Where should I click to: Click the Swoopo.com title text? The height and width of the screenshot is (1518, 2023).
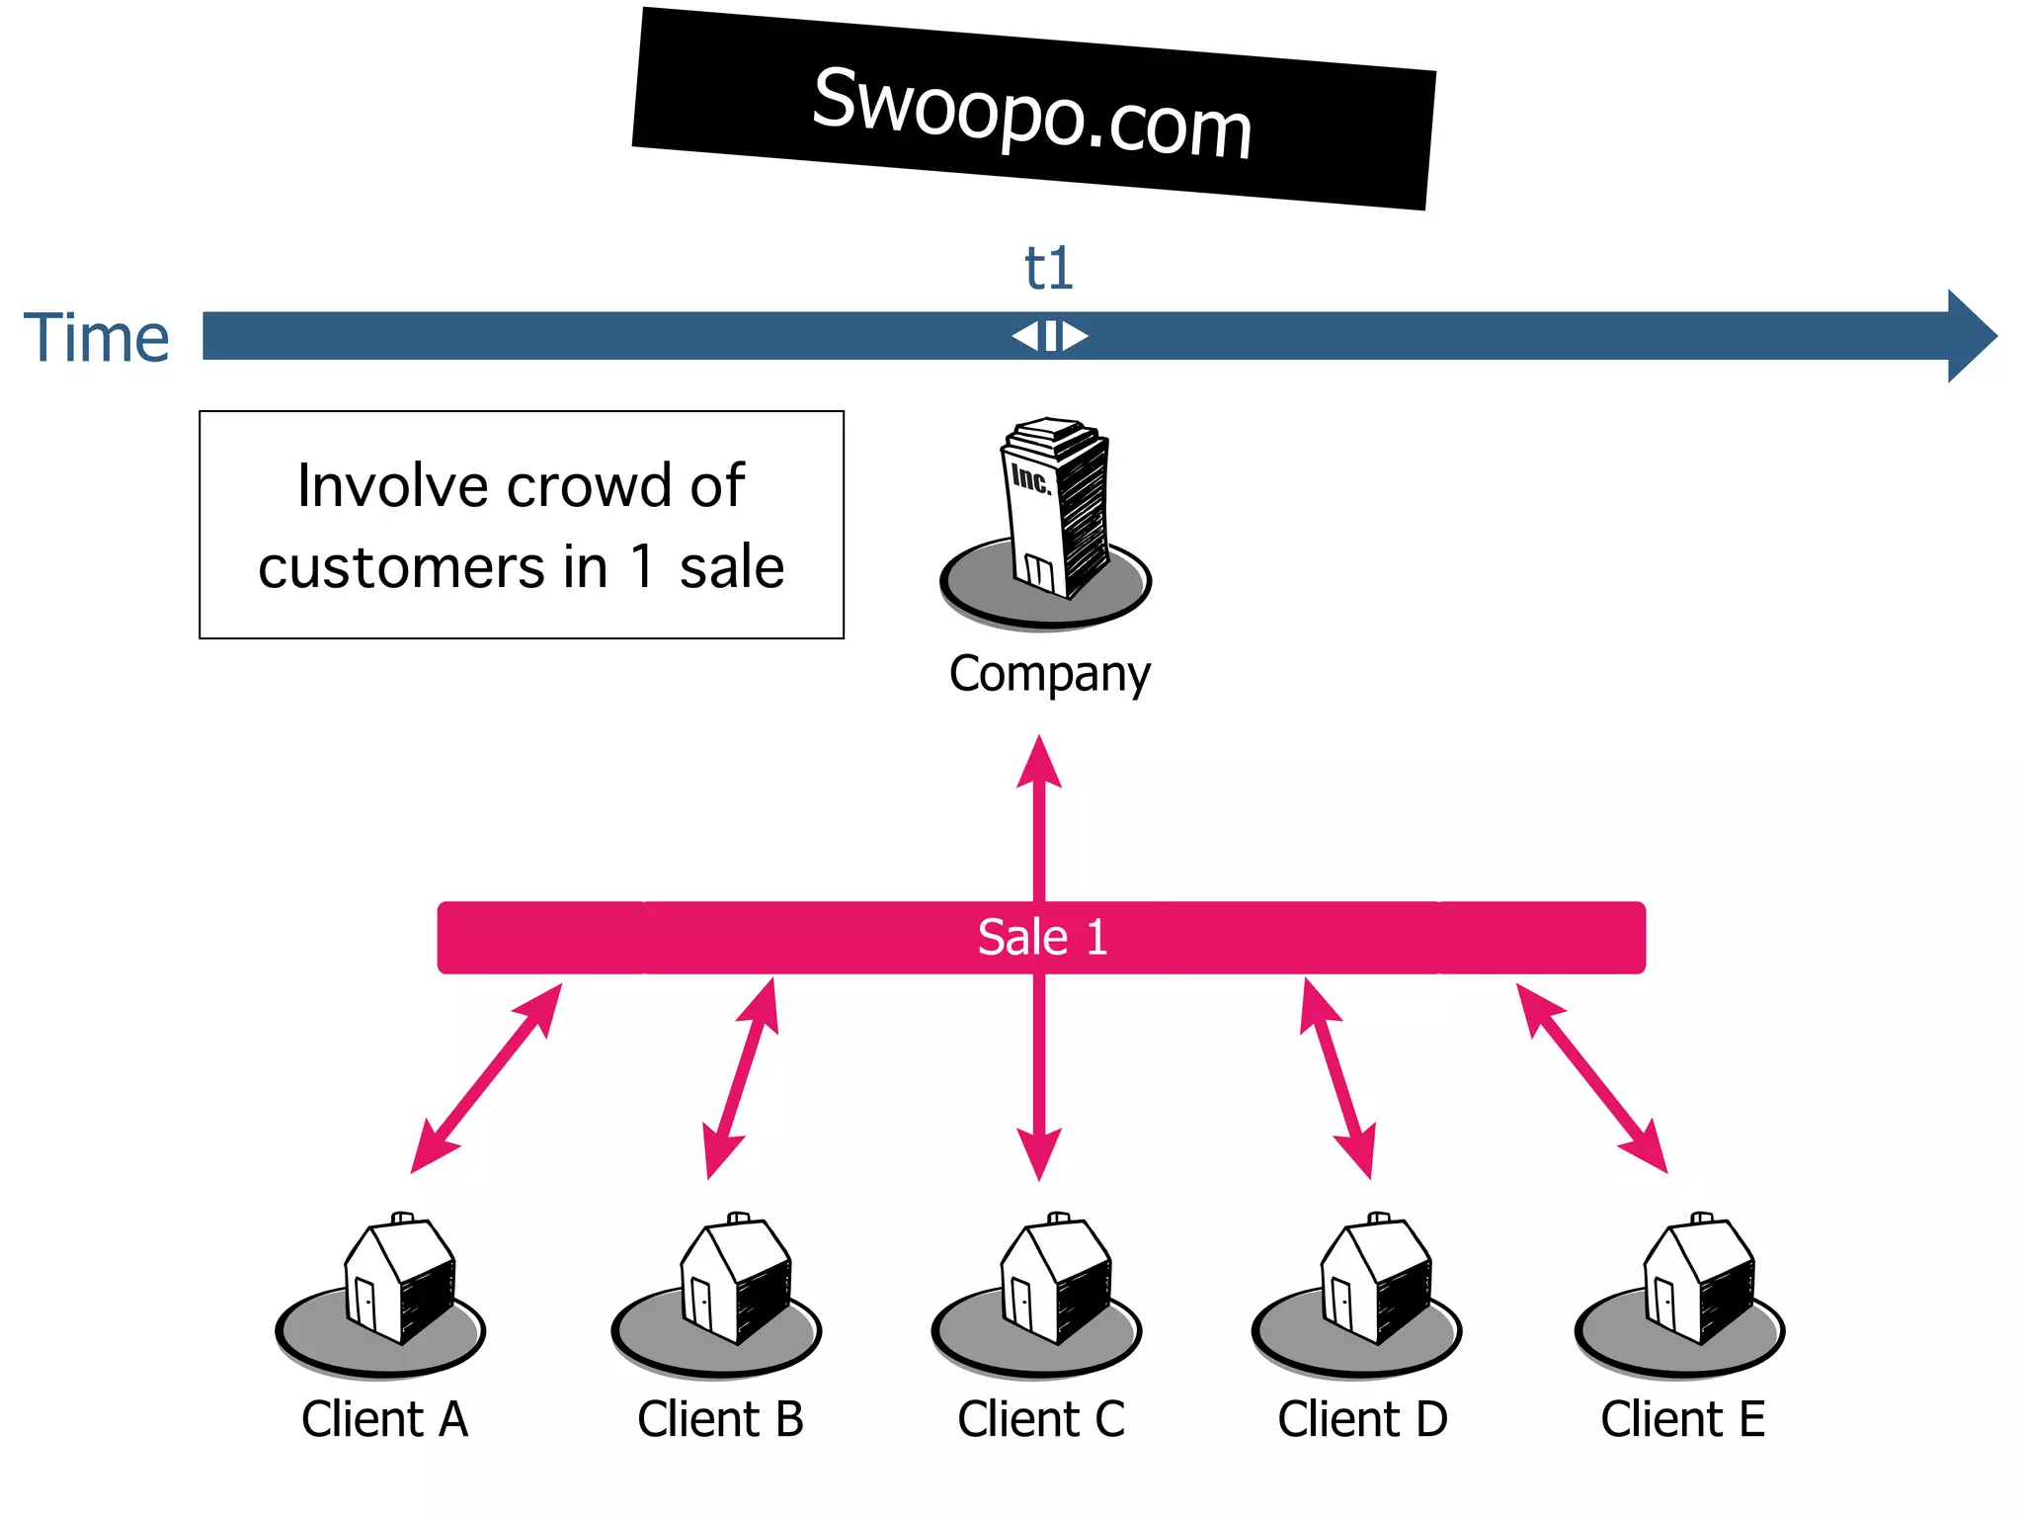(x=1032, y=112)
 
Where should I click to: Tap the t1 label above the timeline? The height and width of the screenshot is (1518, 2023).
(x=1048, y=268)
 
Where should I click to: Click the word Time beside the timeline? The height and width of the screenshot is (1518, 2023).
(x=97, y=338)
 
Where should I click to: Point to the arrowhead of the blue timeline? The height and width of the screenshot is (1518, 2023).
(x=1971, y=336)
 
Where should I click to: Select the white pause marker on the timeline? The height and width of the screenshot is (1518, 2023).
(x=1050, y=336)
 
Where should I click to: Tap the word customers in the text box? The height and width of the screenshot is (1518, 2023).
(x=401, y=567)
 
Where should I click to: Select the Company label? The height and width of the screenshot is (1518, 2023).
(x=1049, y=674)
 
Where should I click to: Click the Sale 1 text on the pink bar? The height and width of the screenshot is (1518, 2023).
(x=1042, y=937)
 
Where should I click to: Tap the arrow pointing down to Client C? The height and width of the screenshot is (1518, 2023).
(x=1039, y=1077)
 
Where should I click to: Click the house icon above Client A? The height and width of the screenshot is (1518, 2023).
(x=400, y=1280)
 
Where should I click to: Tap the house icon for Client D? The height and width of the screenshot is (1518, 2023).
(x=1376, y=1280)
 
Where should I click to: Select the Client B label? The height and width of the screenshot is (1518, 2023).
(x=720, y=1419)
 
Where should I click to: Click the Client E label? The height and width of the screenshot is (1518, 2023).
(x=1682, y=1419)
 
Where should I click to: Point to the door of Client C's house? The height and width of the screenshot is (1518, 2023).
(x=1021, y=1303)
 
